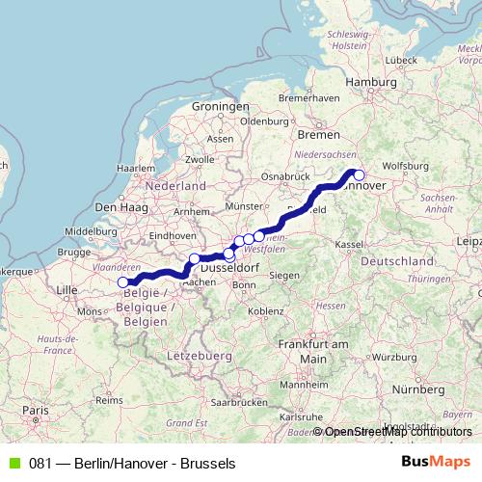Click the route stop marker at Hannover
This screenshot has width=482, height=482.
[x=359, y=174]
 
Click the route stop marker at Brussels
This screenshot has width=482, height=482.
[x=123, y=282]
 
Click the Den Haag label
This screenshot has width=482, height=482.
[x=118, y=207]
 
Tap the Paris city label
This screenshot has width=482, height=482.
[x=36, y=411]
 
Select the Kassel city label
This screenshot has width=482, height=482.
[x=349, y=245]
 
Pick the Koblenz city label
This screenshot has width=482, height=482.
[x=265, y=311]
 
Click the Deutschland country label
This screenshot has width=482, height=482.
[x=397, y=262]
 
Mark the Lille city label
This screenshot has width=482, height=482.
[x=67, y=289]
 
